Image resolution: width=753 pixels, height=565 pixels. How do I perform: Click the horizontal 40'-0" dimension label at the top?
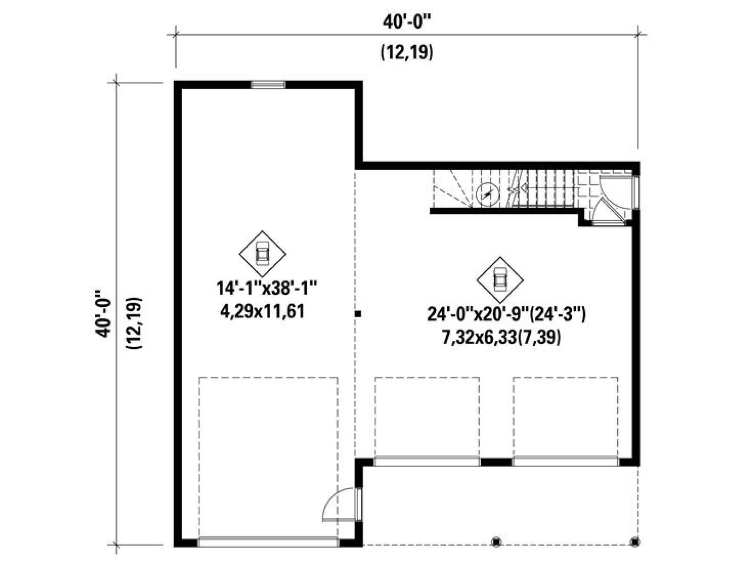[407, 23]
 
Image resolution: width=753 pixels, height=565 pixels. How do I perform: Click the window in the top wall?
[268, 84]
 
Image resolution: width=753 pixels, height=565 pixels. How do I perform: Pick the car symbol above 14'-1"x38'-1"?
[263, 254]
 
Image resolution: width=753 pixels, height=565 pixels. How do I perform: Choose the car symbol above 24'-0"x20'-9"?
[500, 280]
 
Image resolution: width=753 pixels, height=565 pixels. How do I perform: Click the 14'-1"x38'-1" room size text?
[266, 288]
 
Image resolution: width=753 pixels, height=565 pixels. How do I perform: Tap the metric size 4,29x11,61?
[263, 312]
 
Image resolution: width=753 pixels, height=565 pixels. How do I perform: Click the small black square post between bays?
[358, 313]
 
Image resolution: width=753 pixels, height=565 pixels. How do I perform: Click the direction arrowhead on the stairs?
[523, 188]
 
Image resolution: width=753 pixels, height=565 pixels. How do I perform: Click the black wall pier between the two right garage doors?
[496, 462]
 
